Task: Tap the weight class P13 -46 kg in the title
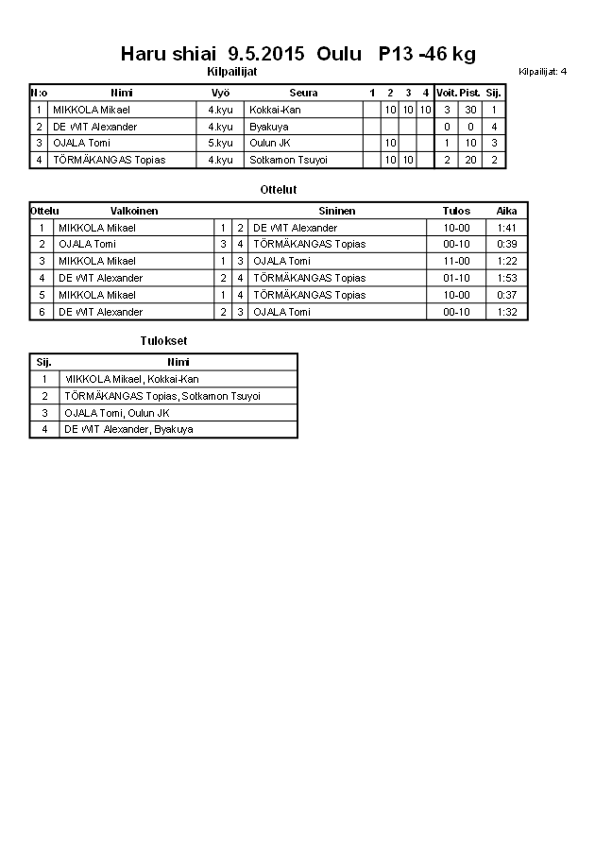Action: tap(427, 54)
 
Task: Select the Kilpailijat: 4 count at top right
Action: tap(542, 71)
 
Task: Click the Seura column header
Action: tap(303, 93)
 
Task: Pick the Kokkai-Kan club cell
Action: tap(269, 110)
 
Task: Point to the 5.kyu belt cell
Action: tap(220, 143)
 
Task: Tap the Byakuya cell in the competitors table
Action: tap(268, 127)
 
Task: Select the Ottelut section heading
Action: tap(279, 190)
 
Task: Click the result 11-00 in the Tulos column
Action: tap(456, 261)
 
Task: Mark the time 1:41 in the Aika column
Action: tap(506, 228)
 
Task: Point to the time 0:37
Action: tap(506, 295)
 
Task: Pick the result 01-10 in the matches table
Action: tap(456, 278)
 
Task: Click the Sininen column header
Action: tap(336, 211)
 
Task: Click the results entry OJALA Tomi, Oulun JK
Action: tap(116, 413)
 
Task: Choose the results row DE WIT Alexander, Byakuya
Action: tap(127, 429)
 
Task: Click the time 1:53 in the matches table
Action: tap(506, 278)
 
